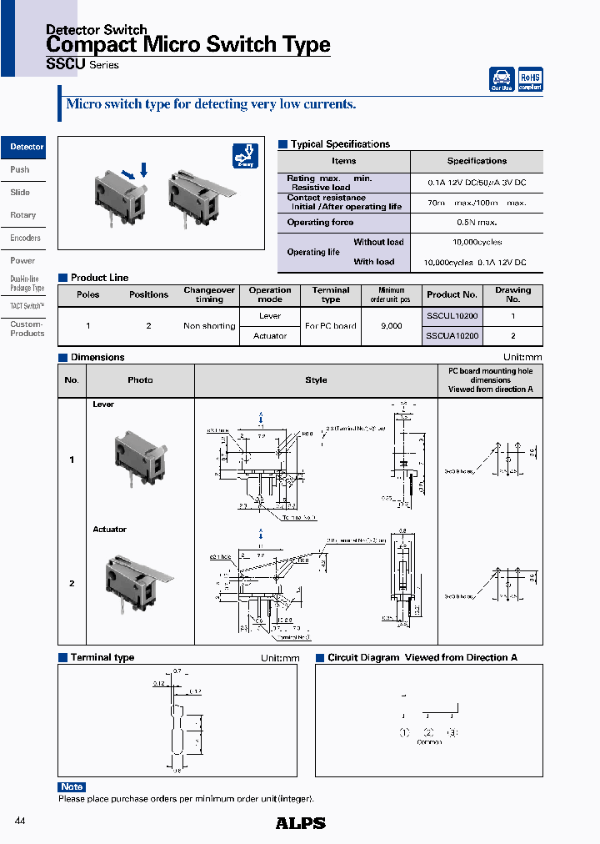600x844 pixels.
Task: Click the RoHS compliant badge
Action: (530, 79)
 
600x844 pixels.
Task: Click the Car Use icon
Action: (502, 79)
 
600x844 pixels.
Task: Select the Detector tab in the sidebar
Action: (26, 147)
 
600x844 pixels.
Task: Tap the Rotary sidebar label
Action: (23, 215)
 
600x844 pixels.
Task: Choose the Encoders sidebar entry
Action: (25, 238)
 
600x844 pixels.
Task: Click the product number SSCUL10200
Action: (452, 316)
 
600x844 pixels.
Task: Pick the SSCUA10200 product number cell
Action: (452, 336)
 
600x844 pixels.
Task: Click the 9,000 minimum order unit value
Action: (390, 326)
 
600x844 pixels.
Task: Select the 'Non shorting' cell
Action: (209, 326)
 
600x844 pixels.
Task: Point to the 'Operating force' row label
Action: (320, 223)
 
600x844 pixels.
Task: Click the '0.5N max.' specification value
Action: (477, 223)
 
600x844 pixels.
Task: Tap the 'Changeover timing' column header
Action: (209, 294)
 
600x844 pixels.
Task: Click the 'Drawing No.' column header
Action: (512, 294)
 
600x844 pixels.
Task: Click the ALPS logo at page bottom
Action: (300, 823)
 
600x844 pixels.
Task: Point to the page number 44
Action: (21, 822)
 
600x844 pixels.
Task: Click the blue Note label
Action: (72, 786)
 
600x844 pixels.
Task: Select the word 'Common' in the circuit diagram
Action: (429, 742)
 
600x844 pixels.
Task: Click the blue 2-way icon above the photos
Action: (245, 156)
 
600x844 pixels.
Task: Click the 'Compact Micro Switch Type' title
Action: (187, 45)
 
